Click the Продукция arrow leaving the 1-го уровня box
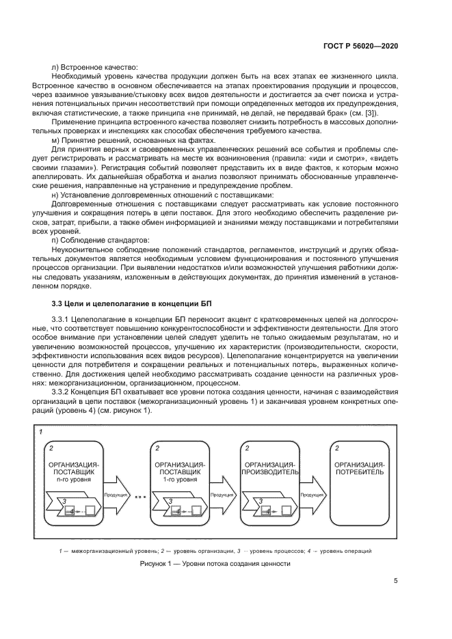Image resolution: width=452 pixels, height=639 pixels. (x=221, y=495)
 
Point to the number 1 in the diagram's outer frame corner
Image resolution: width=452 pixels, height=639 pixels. (x=42, y=433)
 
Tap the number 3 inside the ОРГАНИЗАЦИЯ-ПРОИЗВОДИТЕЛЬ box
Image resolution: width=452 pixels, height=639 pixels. (x=260, y=501)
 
